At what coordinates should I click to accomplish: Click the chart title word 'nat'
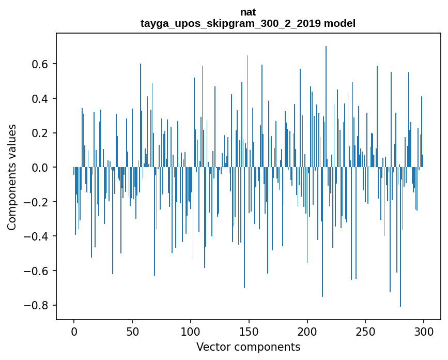(x=248, y=12)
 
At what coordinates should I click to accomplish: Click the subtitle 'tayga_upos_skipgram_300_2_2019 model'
(x=248, y=23)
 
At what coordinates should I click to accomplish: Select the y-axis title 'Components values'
(x=12, y=177)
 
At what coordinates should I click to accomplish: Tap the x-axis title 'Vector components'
(x=248, y=347)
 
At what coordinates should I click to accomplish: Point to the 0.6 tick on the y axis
(x=41, y=64)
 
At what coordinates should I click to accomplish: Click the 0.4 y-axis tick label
(x=41, y=98)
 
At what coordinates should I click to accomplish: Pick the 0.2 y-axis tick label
(x=41, y=133)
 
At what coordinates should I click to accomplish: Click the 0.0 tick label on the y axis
(x=41, y=167)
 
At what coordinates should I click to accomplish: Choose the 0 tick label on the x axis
(x=74, y=331)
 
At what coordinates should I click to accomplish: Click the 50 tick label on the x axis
(x=132, y=331)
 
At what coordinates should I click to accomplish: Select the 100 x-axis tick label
(x=191, y=331)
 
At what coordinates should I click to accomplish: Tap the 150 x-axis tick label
(x=249, y=331)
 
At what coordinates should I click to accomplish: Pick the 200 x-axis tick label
(x=307, y=331)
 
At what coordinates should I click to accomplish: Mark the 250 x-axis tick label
(x=366, y=331)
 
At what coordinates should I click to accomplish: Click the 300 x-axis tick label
(x=424, y=331)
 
